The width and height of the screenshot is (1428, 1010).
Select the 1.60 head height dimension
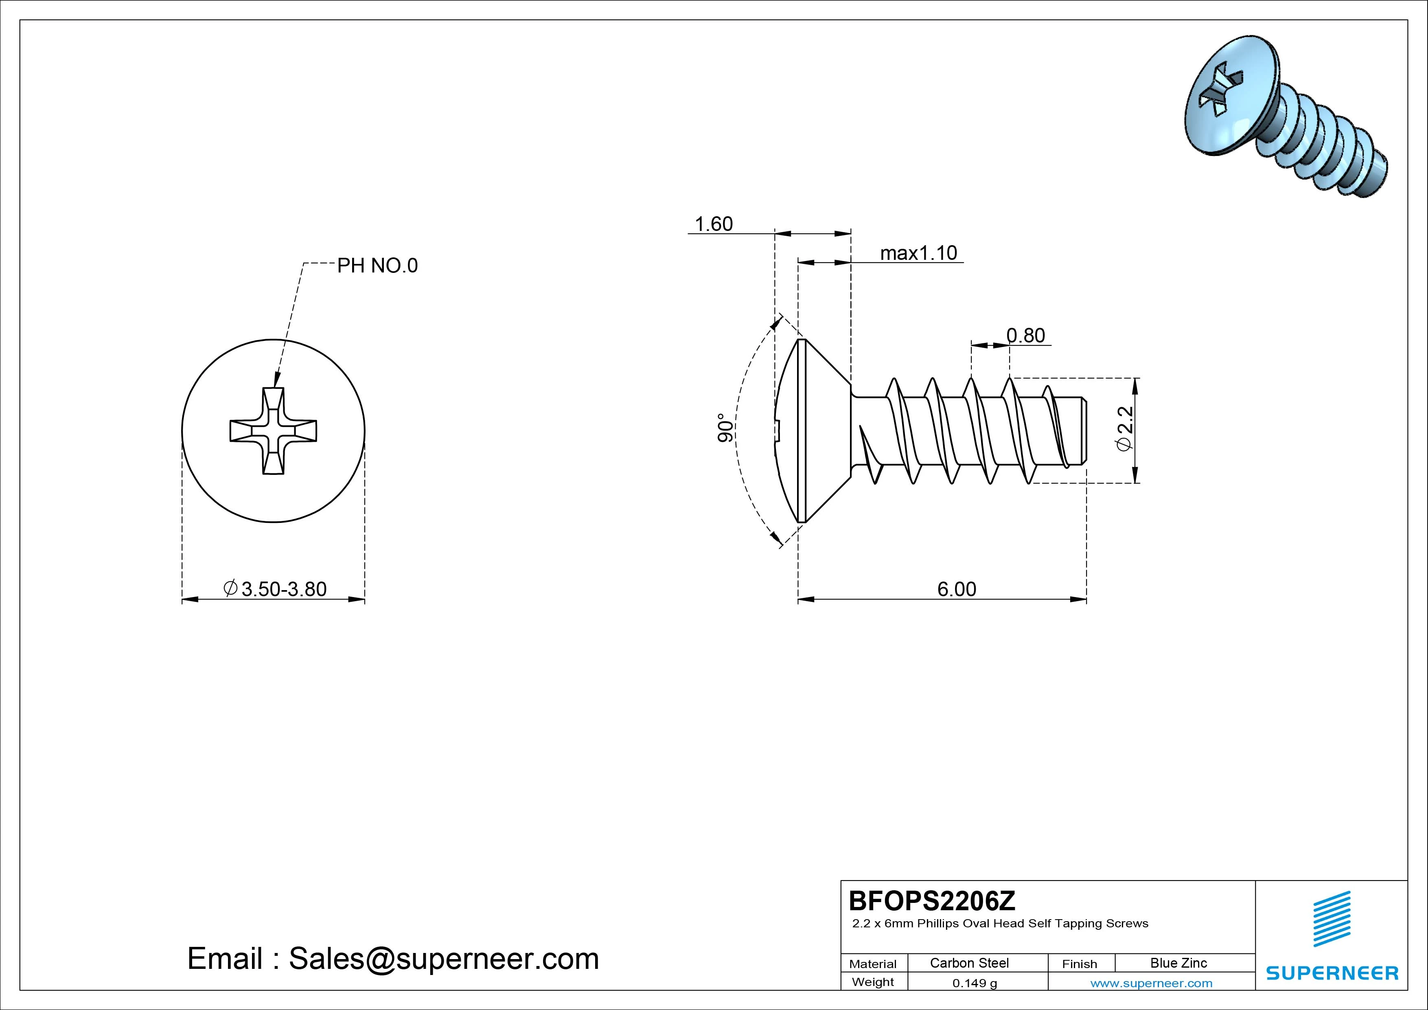713,224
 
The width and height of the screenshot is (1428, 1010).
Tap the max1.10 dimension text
919,253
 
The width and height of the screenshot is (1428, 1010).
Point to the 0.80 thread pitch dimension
1025,336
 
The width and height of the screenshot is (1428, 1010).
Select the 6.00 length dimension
957,589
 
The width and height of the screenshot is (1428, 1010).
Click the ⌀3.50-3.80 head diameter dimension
275,589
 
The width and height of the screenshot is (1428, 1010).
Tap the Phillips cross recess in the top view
274,430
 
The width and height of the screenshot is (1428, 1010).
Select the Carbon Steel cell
969,963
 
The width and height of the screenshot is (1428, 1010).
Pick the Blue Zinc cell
1178,963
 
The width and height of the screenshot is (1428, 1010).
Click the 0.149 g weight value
975,983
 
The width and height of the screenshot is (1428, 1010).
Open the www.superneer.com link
1151,983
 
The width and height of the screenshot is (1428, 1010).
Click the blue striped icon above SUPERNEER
1332,918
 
